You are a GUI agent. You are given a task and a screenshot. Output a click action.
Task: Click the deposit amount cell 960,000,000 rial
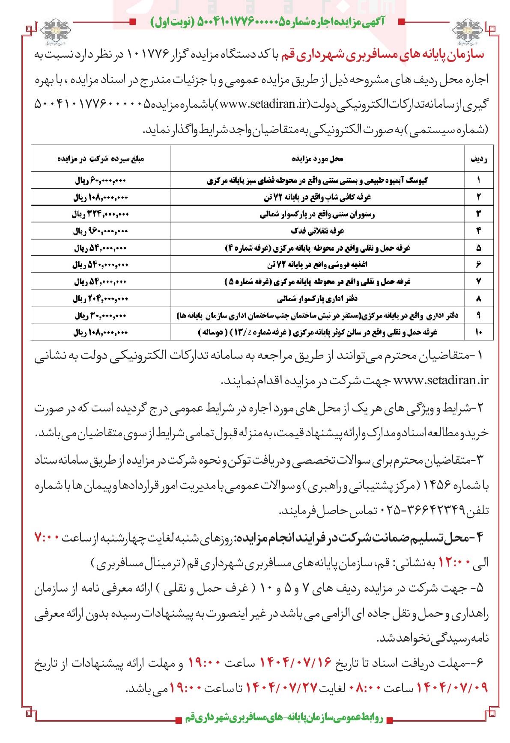[101, 231]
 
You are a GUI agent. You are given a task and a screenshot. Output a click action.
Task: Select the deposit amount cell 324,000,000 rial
[101, 215]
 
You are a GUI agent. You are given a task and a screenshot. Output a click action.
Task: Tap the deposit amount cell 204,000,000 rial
[101, 298]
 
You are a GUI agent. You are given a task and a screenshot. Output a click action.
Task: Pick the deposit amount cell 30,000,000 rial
[101, 315]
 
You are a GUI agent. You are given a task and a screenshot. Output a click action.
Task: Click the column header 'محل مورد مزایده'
[318, 159]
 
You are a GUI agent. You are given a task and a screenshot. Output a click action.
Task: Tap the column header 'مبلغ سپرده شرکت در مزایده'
[101, 159]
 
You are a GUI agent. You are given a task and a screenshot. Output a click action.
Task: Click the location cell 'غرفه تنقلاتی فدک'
[318, 231]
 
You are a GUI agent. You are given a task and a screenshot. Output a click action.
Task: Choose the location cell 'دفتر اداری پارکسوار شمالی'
[318, 298]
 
